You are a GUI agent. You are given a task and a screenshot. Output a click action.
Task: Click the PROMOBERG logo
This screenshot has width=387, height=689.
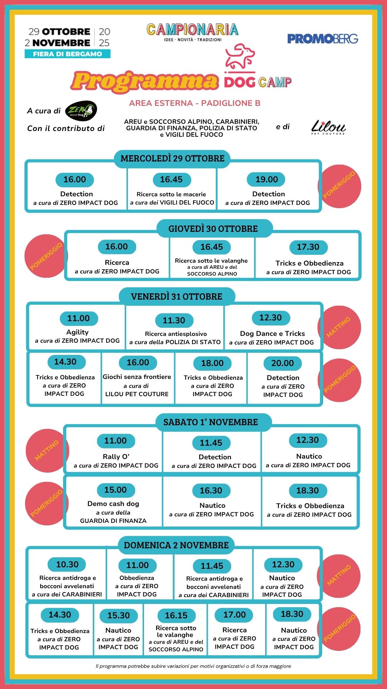point(322,39)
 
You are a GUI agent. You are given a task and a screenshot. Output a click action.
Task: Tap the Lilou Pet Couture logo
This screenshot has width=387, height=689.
point(328,127)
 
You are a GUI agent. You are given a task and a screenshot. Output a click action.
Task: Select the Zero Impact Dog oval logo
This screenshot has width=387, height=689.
point(81,111)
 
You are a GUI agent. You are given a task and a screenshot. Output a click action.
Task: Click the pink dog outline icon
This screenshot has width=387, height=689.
point(239,57)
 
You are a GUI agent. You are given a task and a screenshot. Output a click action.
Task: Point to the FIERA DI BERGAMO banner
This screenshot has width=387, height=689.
point(67,54)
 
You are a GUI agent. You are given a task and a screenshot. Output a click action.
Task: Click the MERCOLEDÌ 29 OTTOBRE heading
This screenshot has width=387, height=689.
point(172,158)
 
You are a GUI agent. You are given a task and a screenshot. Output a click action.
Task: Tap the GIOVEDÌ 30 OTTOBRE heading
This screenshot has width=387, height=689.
point(213,229)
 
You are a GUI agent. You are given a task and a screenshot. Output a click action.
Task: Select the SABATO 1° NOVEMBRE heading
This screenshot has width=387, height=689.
point(211,422)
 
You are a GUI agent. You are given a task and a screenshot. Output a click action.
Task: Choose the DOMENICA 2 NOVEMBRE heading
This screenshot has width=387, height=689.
point(176,545)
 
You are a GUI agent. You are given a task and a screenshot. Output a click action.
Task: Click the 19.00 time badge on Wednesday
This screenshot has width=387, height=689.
point(267,179)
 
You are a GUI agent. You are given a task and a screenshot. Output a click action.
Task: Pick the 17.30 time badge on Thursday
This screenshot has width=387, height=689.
point(308,247)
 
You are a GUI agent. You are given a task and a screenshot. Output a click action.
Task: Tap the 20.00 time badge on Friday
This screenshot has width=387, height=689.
point(282,363)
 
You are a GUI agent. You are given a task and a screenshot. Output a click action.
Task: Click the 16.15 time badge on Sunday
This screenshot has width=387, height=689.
point(176,615)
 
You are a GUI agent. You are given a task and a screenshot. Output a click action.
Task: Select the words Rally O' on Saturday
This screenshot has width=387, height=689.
point(116,456)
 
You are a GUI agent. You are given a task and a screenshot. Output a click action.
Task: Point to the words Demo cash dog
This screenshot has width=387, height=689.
point(113,503)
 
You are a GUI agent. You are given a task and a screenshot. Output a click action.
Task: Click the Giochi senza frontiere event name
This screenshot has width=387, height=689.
point(137,377)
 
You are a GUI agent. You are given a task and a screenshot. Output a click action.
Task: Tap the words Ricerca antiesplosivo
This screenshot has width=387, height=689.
point(176,334)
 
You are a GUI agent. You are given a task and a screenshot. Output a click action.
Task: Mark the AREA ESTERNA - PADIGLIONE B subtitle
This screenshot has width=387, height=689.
point(195,103)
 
